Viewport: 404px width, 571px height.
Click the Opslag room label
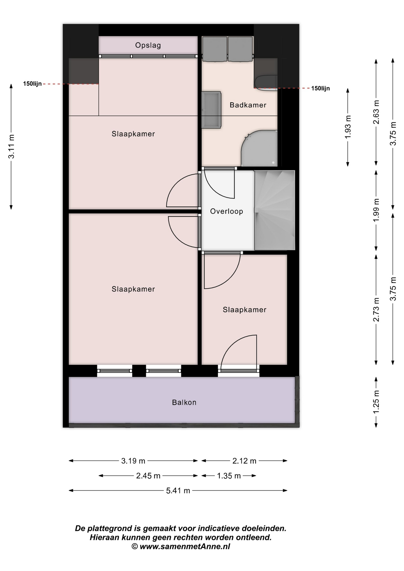coord(148,46)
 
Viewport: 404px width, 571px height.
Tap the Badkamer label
coord(248,105)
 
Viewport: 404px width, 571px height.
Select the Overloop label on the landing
coord(227,211)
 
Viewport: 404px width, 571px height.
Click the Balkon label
coord(184,402)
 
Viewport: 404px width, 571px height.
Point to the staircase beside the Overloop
coord(274,210)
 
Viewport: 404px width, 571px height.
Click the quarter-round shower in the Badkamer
coord(259,148)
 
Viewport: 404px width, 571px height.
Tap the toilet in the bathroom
coord(266,82)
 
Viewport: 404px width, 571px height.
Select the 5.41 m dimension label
coord(178,491)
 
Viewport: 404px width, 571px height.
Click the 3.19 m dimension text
coord(133,461)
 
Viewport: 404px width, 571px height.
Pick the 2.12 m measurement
coord(244,461)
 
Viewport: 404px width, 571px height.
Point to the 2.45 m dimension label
coord(148,476)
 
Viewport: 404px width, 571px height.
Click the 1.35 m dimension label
coord(229,476)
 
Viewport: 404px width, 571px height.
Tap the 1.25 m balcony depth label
coord(376,402)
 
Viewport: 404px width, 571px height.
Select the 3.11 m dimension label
coord(11,146)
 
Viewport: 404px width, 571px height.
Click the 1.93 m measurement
coord(348,127)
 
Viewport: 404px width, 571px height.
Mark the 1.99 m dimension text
coord(376,210)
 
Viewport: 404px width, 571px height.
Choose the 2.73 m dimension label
coord(376,310)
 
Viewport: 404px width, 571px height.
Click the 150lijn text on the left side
coord(32,84)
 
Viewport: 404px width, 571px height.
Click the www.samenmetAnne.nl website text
coord(185,546)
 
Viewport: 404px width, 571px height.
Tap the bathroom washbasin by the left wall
coord(211,110)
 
